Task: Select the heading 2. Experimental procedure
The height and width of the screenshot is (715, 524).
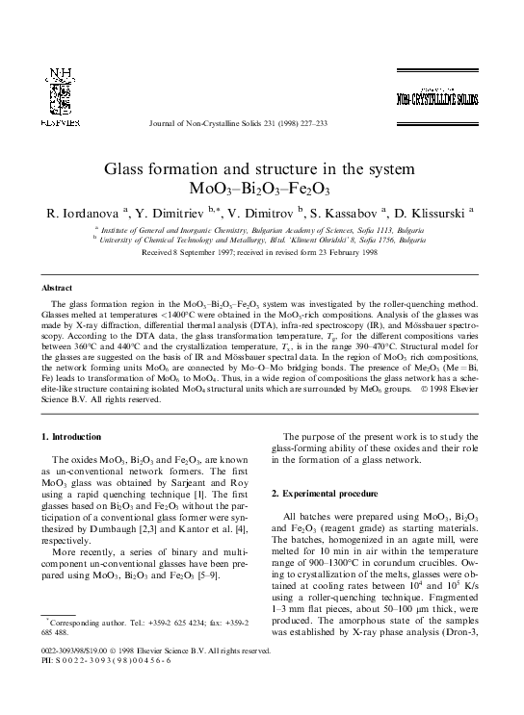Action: (321, 494)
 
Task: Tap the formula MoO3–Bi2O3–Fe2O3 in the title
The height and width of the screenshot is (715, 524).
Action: (261, 189)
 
